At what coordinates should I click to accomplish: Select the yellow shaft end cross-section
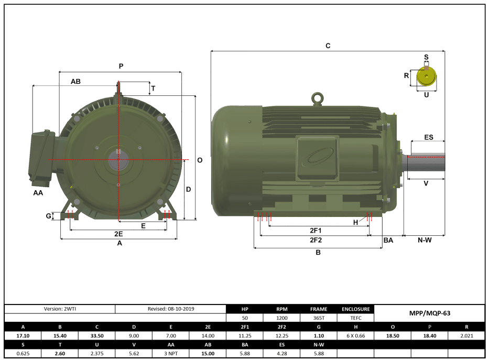coord(427,78)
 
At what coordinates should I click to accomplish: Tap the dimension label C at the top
coord(328,46)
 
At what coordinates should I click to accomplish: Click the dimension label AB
coord(75,82)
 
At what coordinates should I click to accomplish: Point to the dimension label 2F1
coord(316,230)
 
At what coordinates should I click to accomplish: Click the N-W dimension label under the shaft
coord(425,240)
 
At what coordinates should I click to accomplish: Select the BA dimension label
coord(388,240)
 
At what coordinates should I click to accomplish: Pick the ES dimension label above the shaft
coord(429,137)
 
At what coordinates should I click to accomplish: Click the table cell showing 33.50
coord(96,336)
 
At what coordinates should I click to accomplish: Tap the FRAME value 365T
coord(319,318)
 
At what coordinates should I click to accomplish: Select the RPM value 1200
coord(282,318)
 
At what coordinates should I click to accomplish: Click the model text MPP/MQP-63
coord(429,313)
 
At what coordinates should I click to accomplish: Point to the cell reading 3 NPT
coord(171,354)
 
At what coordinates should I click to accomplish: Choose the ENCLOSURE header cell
coord(356,309)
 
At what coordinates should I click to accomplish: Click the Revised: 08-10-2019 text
coord(171,309)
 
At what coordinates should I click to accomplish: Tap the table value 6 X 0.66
coord(356,336)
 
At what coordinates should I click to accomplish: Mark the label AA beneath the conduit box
coord(38,193)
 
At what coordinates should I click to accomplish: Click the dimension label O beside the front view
coord(200,160)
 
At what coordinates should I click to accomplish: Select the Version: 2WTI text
coord(59,309)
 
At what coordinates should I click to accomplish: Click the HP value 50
coord(245,318)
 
